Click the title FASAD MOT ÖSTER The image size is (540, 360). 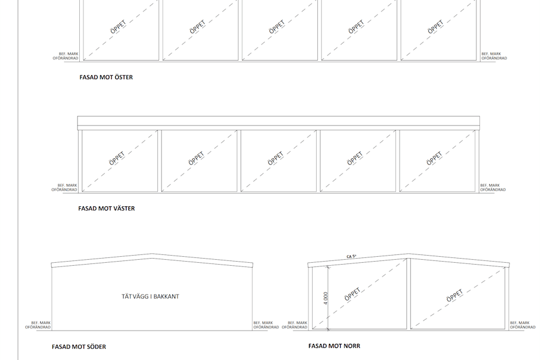(106, 77)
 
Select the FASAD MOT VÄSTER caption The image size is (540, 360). (106, 208)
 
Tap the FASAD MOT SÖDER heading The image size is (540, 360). (79, 347)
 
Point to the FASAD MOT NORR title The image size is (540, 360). (334, 346)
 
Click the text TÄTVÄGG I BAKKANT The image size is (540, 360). (150, 296)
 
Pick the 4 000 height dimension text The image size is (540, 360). (326, 298)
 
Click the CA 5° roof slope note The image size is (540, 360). (351, 256)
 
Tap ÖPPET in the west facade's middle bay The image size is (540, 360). (275, 158)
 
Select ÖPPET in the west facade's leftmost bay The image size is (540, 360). (117, 158)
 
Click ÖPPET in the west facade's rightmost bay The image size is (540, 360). (434, 158)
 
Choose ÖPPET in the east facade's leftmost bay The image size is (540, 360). (118, 27)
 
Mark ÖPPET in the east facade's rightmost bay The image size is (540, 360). (436, 27)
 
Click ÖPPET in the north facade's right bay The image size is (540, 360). (455, 296)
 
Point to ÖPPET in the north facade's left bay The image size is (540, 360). (352, 294)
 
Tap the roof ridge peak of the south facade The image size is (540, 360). (152, 254)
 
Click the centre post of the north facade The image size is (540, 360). (409, 293)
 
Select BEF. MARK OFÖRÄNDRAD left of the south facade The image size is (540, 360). (38, 325)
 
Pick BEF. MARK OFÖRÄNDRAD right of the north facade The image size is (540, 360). (523, 325)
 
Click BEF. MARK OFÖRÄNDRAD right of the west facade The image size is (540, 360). (493, 187)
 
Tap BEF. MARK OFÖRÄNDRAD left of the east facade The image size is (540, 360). (65, 56)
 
